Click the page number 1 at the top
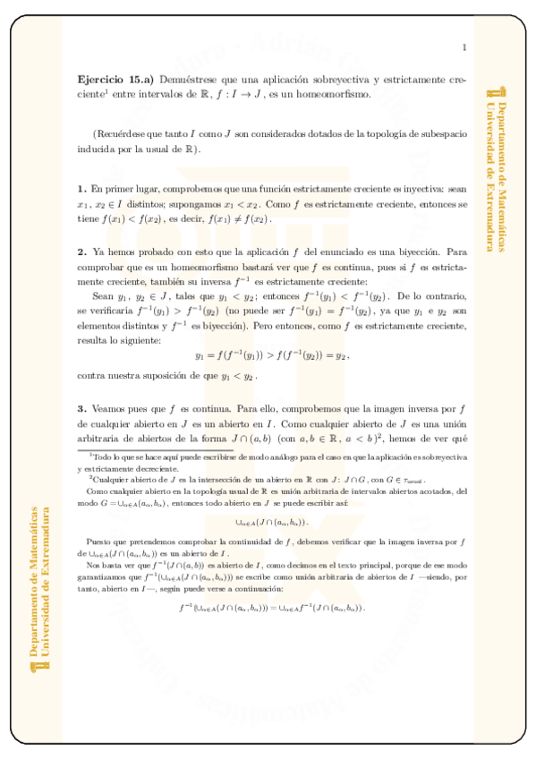coord(464,47)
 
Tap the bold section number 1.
coord(81,189)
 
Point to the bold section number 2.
coord(81,253)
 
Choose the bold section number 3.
coord(81,410)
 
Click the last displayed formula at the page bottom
coord(272,608)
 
